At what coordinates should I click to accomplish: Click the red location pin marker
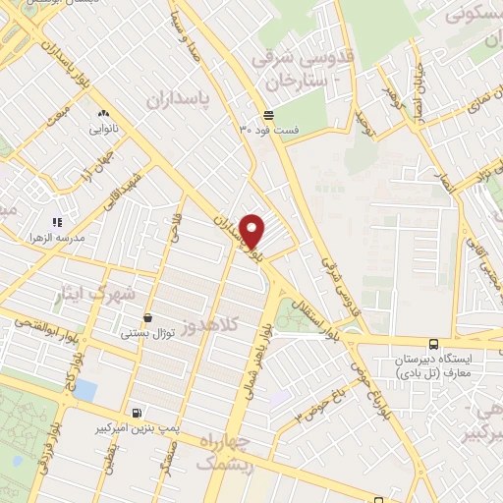click(252, 231)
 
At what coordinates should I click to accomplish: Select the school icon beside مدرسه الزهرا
click(57, 223)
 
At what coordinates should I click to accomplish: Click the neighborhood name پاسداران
click(180, 99)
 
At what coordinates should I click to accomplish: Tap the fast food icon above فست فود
click(268, 116)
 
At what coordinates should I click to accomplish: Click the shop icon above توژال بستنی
click(147, 317)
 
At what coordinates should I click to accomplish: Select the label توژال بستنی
click(147, 334)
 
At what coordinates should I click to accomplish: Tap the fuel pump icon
click(136, 414)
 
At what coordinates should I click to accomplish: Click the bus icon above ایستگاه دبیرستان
click(433, 344)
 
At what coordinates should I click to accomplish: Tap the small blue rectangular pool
click(85, 391)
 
